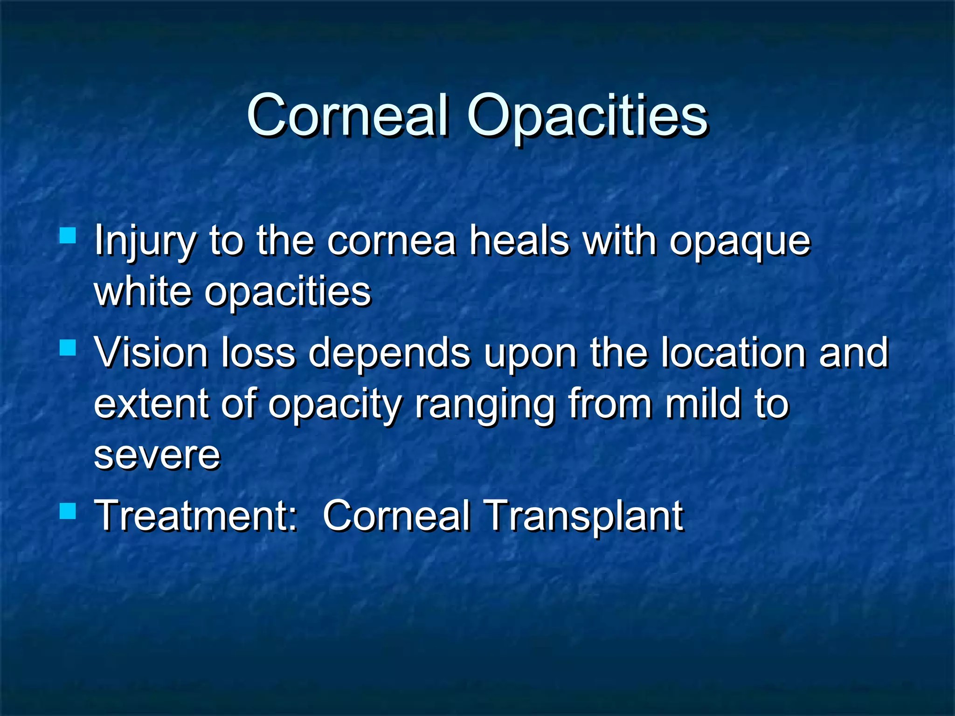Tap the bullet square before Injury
coord(68,236)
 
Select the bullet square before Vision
coord(68,347)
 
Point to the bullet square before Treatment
coord(68,511)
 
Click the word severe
coord(157,456)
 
